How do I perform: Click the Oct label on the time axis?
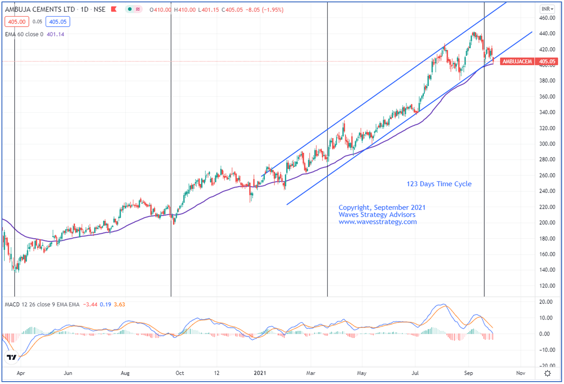(180, 373)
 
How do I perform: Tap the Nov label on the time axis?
(521, 373)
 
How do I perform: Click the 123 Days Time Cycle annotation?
(439, 184)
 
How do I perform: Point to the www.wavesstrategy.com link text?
(377, 222)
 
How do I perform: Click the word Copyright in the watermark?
(355, 208)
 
